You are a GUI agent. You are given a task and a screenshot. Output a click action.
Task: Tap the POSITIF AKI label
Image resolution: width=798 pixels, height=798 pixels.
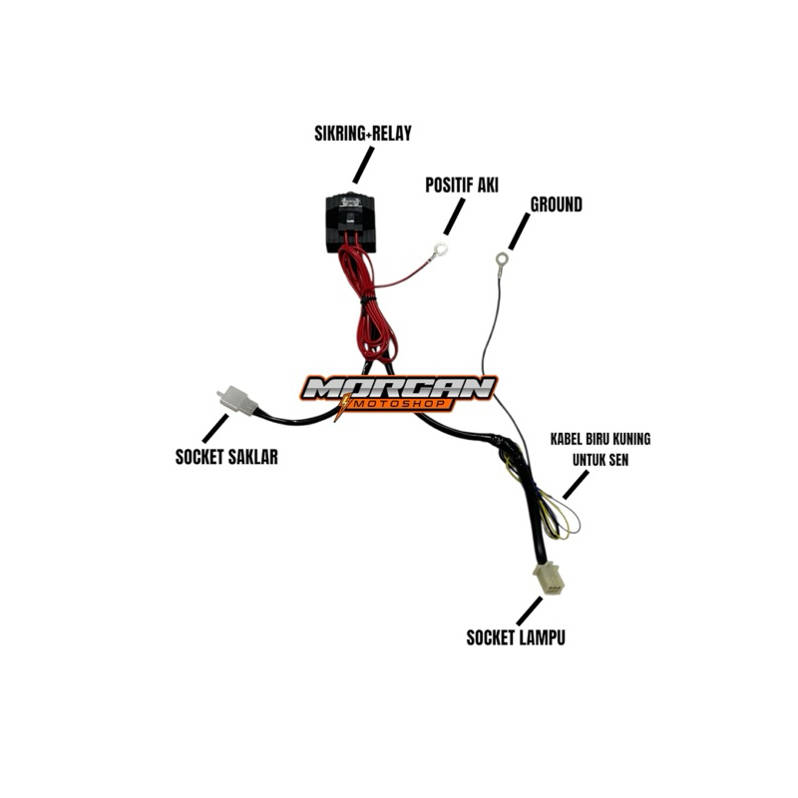[x=462, y=186]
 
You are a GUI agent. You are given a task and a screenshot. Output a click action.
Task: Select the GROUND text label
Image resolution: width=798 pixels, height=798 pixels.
[x=557, y=204]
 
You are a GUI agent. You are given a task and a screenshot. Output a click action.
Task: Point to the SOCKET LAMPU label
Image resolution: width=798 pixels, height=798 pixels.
[x=516, y=636]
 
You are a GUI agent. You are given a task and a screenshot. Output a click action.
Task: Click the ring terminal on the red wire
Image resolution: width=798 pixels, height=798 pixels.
[x=440, y=251]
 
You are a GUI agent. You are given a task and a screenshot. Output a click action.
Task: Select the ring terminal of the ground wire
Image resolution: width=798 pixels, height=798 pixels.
[x=501, y=261]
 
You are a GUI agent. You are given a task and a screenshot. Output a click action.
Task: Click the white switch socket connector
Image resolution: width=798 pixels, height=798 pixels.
[x=234, y=399]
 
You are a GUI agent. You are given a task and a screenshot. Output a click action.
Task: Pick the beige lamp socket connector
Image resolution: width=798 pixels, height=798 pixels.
[x=548, y=578]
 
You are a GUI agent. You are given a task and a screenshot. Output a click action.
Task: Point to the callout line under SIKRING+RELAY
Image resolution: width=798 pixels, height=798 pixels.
[x=363, y=164]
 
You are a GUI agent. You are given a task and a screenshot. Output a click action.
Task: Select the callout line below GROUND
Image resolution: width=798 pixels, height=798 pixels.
[x=518, y=235]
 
